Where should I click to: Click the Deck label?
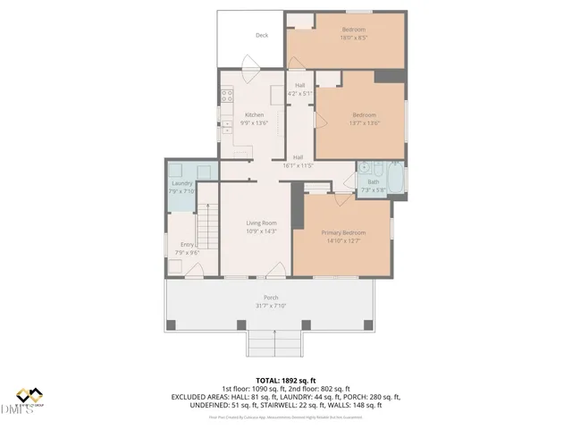(x=262, y=36)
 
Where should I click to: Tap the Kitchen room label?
(x=255, y=115)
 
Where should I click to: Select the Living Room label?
(x=262, y=223)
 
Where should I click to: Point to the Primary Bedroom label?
(x=343, y=232)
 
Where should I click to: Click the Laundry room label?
(x=181, y=183)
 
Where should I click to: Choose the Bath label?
(x=373, y=182)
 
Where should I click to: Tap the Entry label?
(x=187, y=244)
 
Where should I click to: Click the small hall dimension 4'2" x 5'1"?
(x=299, y=92)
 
